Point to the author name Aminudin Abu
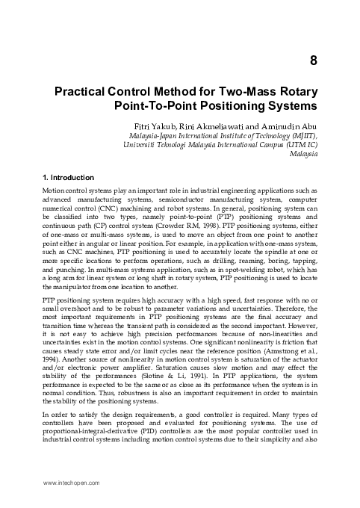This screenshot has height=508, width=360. [285, 126]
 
